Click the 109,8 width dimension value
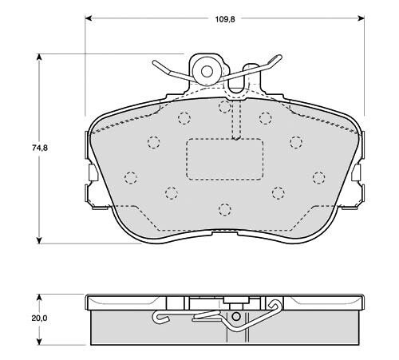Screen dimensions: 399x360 pyautogui.click(x=225, y=19)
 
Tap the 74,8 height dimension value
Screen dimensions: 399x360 pyautogui.click(x=40, y=148)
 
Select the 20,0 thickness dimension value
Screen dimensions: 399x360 pyautogui.click(x=39, y=318)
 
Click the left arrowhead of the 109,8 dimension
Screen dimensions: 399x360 pyautogui.click(x=89, y=18)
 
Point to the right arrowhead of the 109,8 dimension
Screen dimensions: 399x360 pyautogui.click(x=361, y=18)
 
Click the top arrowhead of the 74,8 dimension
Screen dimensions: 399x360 pyautogui.click(x=39, y=57)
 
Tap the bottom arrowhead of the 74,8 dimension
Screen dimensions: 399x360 pyautogui.click(x=39, y=240)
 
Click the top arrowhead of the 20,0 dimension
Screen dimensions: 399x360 pyautogui.click(x=39, y=297)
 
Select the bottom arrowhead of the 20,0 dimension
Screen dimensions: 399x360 pyautogui.click(x=39, y=342)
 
